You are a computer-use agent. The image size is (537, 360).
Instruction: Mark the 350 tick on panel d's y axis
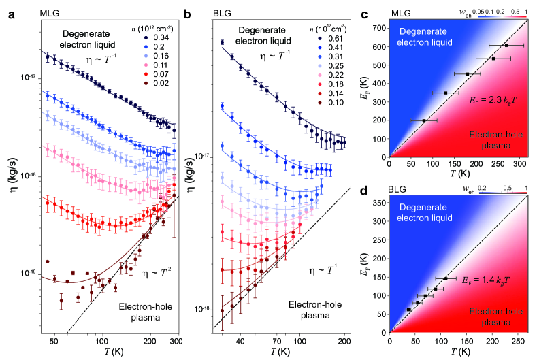[378, 201]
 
